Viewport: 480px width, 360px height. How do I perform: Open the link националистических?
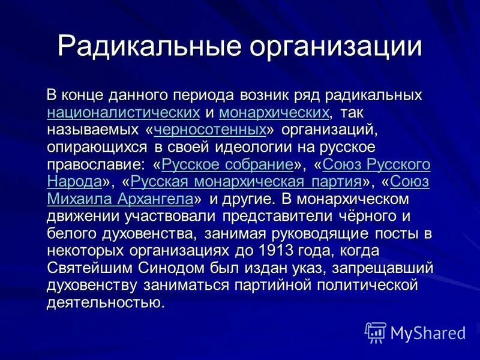[123, 112]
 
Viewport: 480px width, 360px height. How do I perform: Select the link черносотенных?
[210, 130]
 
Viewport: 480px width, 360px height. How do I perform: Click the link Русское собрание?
[227, 164]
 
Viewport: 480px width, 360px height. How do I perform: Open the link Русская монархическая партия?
[245, 181]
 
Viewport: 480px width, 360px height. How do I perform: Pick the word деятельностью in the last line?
[105, 302]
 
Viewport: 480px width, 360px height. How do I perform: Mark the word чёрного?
[361, 215]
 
